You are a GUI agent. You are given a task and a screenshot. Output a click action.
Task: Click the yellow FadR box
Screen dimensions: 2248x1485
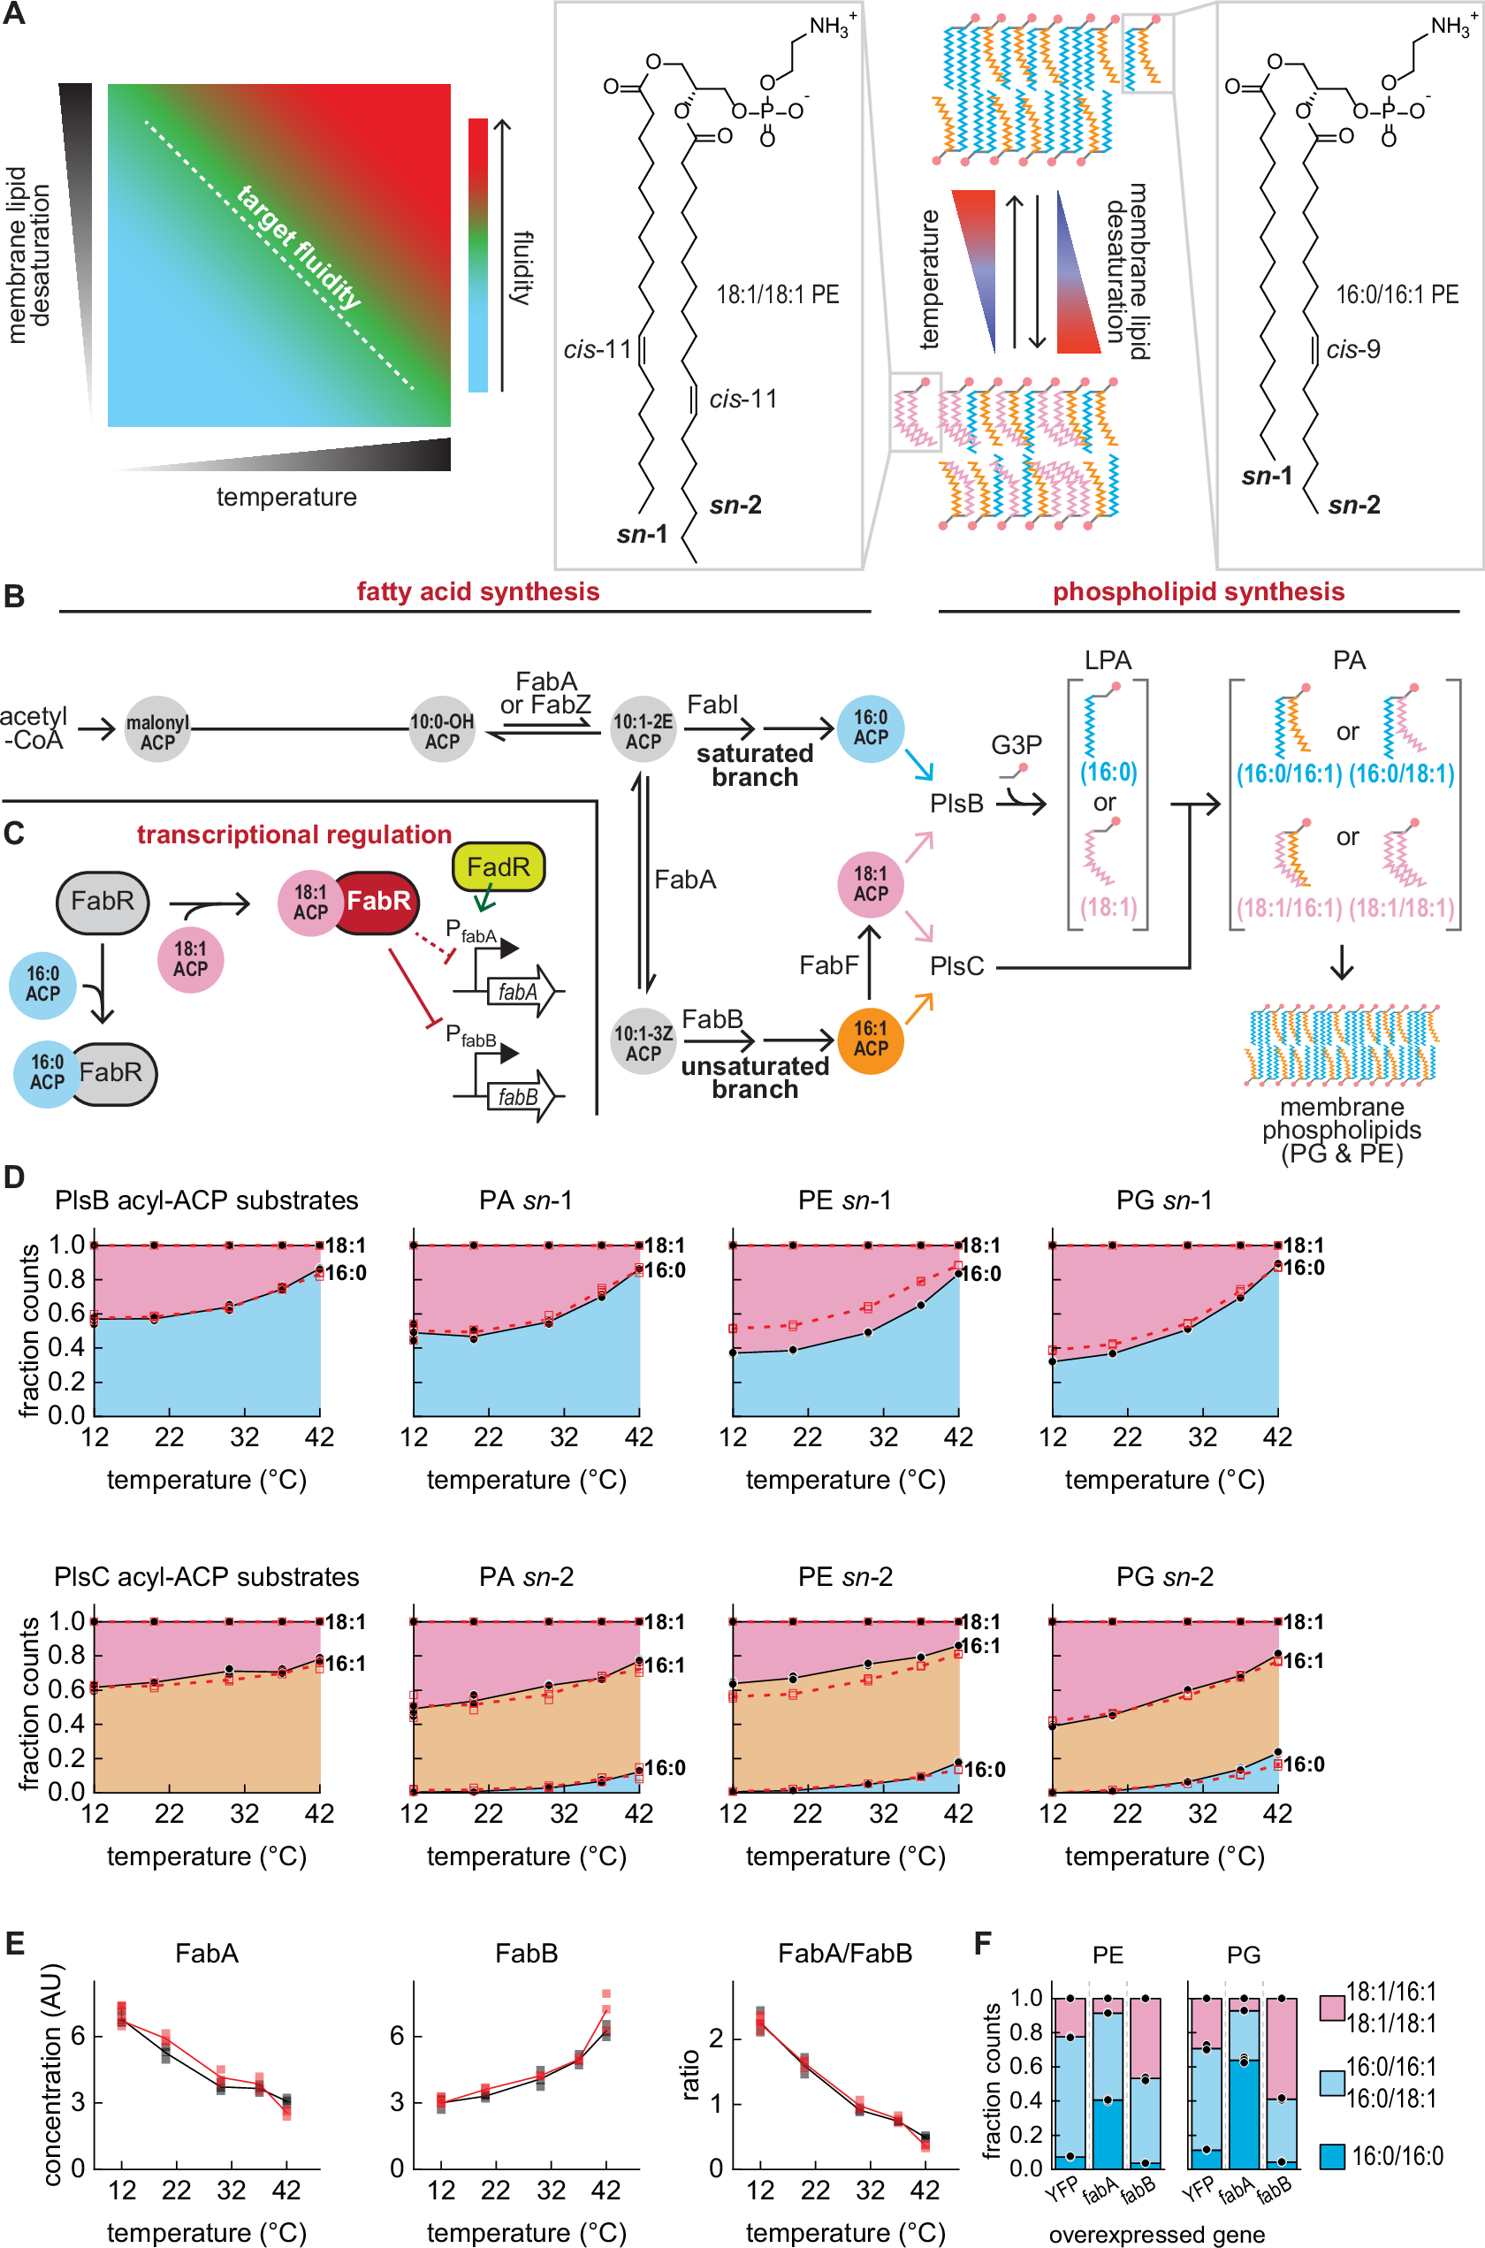(499, 866)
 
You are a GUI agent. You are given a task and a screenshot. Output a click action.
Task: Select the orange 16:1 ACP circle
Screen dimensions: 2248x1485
(871, 1040)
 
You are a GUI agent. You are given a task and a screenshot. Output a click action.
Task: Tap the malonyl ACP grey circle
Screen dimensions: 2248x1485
(157, 731)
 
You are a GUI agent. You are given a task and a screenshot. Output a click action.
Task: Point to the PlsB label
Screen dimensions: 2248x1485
(956, 803)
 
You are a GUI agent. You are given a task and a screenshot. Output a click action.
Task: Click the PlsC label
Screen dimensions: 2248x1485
(956, 966)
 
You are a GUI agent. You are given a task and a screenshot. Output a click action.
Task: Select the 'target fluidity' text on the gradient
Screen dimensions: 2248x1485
(299, 248)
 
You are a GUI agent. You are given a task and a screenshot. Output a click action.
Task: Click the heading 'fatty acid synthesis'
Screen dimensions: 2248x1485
(477, 591)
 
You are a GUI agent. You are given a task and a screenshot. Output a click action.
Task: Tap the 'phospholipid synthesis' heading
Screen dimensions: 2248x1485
(1198, 591)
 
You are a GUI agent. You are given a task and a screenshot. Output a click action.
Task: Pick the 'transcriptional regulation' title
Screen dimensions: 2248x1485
(293, 834)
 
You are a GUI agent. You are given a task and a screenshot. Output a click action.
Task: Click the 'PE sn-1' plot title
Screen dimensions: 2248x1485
(845, 1200)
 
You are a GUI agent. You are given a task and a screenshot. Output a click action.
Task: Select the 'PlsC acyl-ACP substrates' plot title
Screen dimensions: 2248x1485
(207, 1577)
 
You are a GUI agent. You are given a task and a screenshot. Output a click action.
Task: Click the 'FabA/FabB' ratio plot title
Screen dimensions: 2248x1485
(845, 1953)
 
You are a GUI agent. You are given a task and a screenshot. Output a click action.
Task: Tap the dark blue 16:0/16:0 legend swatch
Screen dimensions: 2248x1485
(1331, 2156)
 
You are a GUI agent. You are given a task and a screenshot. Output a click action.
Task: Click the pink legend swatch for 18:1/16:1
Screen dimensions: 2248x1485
(1331, 2008)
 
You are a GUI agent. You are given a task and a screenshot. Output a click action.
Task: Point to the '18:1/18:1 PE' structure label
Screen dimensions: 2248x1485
(778, 294)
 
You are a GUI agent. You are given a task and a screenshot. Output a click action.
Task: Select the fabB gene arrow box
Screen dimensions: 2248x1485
(517, 1096)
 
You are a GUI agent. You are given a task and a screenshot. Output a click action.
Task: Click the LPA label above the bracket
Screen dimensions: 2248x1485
(1108, 660)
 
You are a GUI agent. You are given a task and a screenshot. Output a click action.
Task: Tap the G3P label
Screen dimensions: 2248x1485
(1017, 745)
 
